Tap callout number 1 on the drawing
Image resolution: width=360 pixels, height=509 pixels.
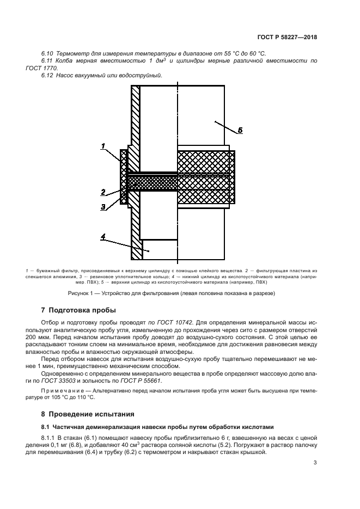[102, 145]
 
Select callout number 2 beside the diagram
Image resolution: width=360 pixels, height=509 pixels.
[102, 191]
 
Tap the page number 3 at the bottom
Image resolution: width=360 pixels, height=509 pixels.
[315, 463]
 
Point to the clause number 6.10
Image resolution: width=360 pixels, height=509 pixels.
[47, 53]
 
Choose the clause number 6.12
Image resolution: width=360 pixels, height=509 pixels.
[47, 75]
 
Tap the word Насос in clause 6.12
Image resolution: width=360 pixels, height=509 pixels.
[66, 75]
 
